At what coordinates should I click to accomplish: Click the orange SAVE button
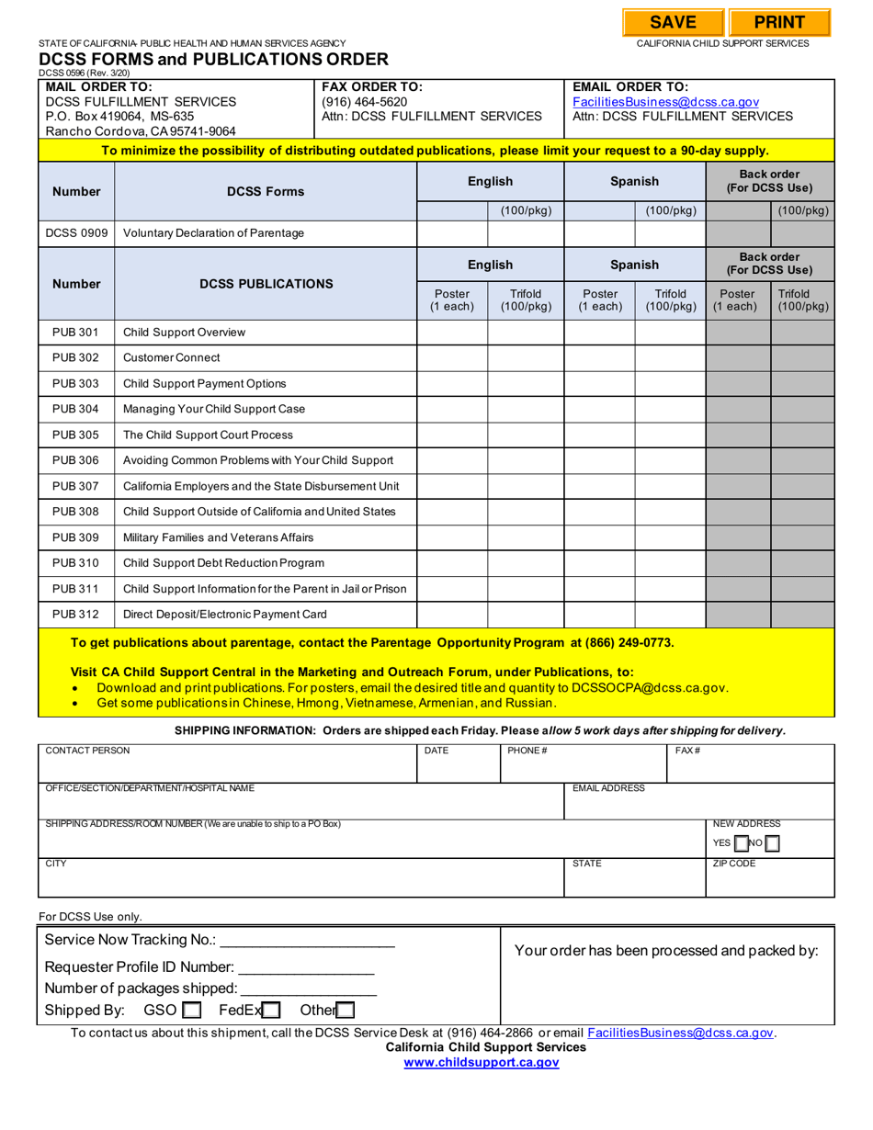[673, 23]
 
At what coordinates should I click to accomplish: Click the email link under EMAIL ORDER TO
[665, 102]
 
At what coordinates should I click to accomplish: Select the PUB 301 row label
[75, 332]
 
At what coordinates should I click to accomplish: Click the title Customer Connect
[172, 357]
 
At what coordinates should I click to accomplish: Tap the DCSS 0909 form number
[75, 233]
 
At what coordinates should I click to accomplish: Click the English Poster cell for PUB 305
[452, 435]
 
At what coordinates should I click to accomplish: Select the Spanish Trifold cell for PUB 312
[670, 615]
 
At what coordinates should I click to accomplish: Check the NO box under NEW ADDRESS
[773, 843]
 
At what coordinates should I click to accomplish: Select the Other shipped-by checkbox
[345, 1011]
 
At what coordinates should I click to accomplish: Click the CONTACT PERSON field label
[88, 751]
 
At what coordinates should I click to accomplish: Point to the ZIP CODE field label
[734, 864]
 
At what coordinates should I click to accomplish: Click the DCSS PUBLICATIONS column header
[266, 283]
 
